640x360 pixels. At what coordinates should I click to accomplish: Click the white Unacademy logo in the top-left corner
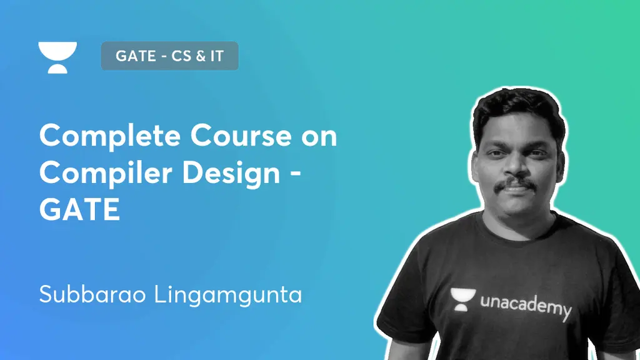57,57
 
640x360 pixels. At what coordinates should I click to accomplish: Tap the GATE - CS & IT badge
169,56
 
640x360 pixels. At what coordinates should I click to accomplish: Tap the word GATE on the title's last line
79,209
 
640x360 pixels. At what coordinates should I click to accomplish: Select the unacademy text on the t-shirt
526,306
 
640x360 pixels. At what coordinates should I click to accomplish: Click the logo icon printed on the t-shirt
462,299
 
